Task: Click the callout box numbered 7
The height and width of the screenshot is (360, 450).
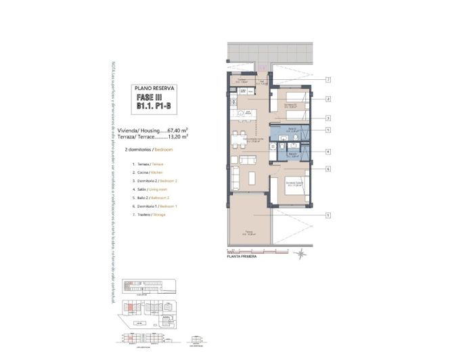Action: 328,80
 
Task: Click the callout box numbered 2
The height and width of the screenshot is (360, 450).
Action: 328,99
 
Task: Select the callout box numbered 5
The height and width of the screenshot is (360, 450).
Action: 328,130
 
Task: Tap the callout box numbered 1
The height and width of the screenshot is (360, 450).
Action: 328,216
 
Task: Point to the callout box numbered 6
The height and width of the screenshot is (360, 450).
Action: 328,169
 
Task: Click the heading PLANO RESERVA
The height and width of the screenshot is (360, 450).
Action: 155,89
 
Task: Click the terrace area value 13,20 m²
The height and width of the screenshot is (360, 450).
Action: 177,136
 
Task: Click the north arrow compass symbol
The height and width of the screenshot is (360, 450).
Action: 300,254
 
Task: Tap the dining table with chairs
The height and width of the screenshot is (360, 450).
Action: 239,140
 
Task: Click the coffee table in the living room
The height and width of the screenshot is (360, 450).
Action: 250,177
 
